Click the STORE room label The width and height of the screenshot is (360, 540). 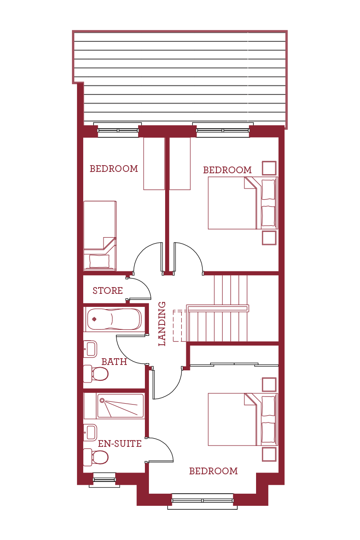pos(108,291)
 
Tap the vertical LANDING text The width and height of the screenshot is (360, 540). pos(162,324)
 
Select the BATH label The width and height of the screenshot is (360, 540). pos(114,362)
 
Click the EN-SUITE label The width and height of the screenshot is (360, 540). pos(120,444)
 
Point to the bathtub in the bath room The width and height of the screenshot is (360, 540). pos(115,319)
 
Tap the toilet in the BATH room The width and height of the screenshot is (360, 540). pos(97,373)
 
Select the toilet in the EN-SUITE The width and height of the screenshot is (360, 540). pos(96,457)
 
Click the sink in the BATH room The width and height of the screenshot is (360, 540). pos(90,349)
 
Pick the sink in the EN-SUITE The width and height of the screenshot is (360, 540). pos(90,432)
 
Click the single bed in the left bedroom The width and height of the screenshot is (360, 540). pos(100,235)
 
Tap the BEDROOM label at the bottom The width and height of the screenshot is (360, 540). pos(213,471)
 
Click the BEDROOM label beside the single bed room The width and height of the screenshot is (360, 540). pos(114,169)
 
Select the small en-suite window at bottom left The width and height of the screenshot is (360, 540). pos(104,480)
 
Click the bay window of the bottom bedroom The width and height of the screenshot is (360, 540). pos(202,500)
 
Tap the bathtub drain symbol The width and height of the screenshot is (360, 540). pos(94,319)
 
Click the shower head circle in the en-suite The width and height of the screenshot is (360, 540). pos(102,400)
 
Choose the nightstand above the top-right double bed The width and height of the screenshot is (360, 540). pos(269,168)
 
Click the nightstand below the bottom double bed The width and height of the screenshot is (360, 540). pos(269,454)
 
